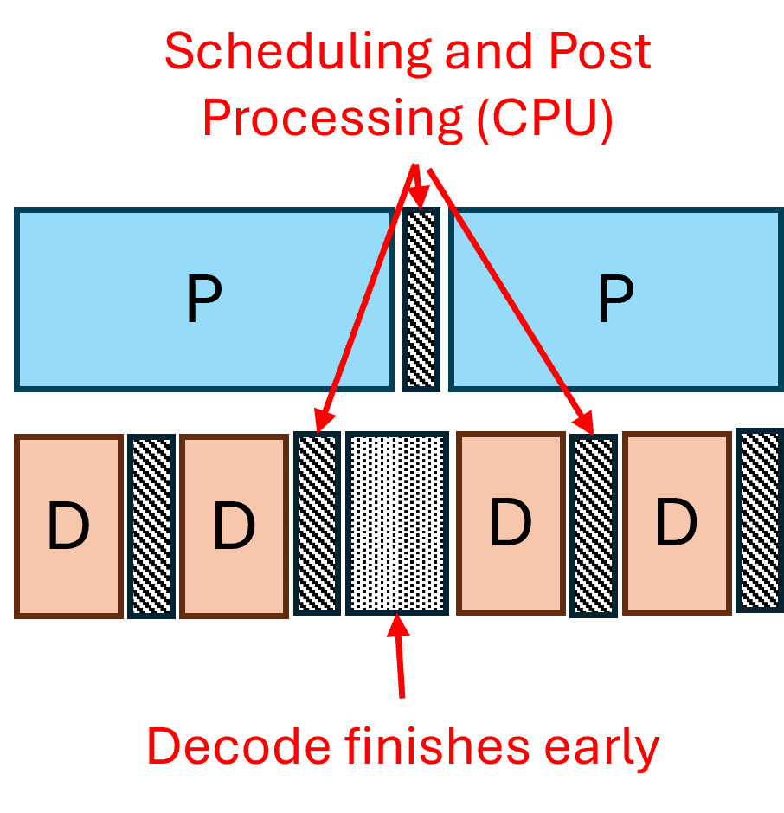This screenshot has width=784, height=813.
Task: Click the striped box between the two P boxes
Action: (x=421, y=299)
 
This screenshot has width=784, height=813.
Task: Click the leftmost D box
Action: (x=68, y=526)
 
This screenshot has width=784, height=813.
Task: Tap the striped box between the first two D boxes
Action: (x=151, y=526)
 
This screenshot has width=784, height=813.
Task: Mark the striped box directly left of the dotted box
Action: (x=316, y=522)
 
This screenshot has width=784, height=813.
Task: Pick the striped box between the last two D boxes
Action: (x=594, y=525)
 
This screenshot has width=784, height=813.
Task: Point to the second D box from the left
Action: (x=234, y=526)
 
